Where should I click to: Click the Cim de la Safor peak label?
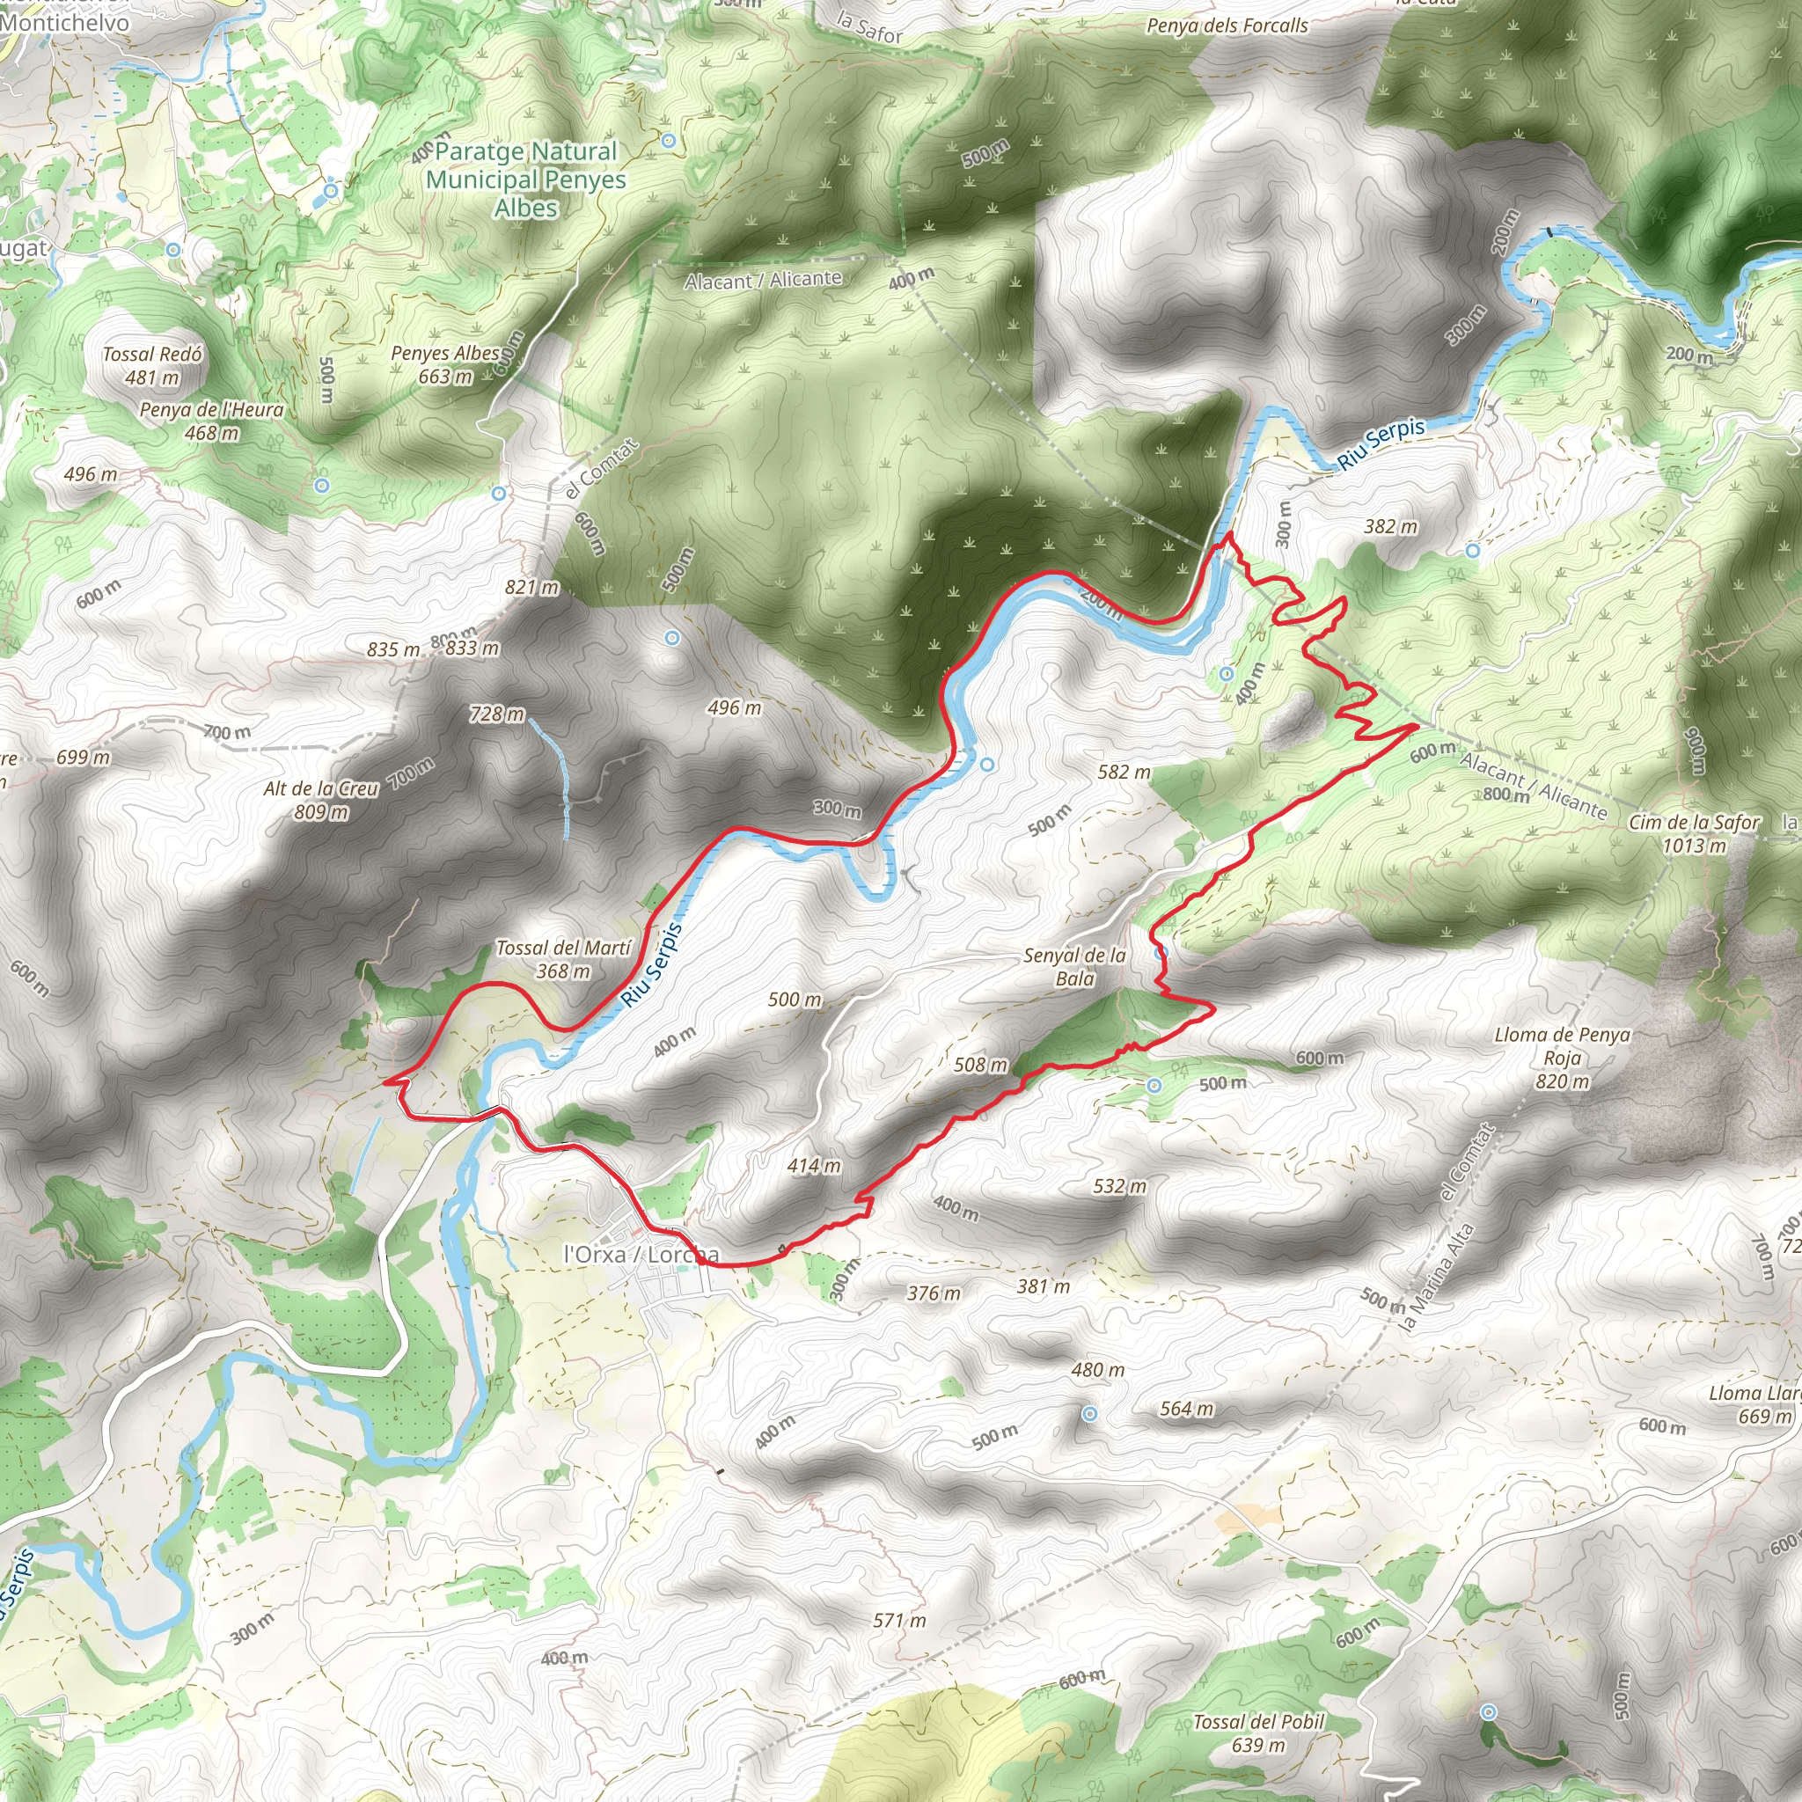coord(1694,834)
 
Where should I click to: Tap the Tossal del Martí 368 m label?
coord(563,960)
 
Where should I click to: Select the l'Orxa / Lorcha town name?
coord(641,1255)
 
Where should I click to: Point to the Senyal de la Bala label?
coord(1074,966)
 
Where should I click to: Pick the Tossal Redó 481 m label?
coord(152,366)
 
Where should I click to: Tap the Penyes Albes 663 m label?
coord(446,364)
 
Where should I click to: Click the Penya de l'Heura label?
coord(212,421)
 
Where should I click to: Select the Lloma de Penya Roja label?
coord(1563,1058)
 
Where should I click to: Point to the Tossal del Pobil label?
coord(1258,1733)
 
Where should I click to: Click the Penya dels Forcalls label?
coord(1227,26)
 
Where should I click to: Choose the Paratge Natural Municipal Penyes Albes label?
coord(526,179)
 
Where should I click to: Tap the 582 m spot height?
coord(1124,772)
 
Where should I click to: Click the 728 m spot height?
coord(497,714)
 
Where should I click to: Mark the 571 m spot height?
coord(899,1620)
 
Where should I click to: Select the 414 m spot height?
coord(813,1165)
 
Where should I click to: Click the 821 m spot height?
coord(531,587)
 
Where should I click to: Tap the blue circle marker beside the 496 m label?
coord(671,638)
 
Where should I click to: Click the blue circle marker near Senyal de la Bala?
coord(1161,953)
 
